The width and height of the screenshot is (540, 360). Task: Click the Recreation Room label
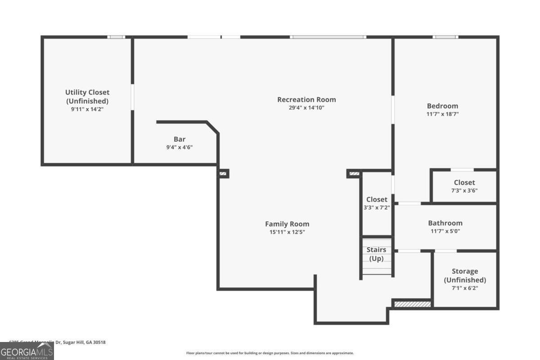pos(306,99)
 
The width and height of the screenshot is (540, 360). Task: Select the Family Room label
pos(287,224)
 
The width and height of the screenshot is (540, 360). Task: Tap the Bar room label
pos(180,139)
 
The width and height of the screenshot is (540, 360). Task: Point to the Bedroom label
pos(442,106)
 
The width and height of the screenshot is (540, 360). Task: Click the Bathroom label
pos(445,223)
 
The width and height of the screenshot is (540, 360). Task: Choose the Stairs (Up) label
pos(376,254)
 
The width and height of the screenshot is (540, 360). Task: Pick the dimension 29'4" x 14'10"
pos(306,108)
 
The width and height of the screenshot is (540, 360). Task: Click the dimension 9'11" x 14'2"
pos(87,109)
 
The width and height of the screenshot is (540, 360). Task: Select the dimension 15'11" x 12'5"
pos(287,232)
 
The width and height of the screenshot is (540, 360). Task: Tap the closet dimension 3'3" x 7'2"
pos(377,207)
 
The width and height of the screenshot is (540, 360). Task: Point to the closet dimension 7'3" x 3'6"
pos(464,190)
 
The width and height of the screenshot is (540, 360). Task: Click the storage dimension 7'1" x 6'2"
pos(465,288)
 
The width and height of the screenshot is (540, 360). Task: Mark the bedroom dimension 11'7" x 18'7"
pos(442,114)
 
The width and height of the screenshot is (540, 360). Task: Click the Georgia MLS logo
pos(27,351)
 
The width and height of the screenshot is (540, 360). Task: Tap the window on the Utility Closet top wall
pos(116,37)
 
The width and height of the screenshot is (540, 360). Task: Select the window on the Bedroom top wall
pos(445,37)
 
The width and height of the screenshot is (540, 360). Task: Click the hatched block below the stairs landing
pos(412,304)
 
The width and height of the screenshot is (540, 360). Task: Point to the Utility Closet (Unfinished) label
pos(87,96)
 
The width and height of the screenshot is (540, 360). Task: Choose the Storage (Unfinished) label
pos(465,275)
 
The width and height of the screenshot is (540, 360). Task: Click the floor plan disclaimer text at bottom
pos(270,353)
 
